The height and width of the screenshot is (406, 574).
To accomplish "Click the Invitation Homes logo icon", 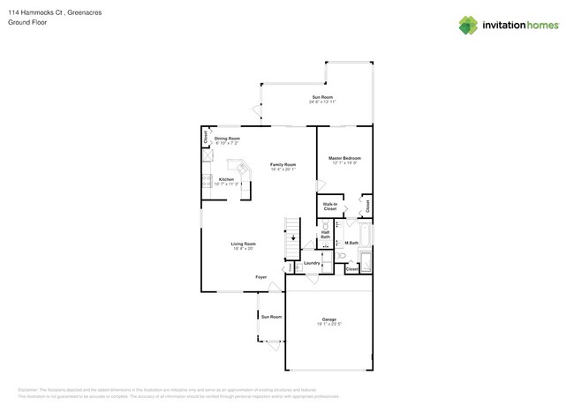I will (x=468, y=25).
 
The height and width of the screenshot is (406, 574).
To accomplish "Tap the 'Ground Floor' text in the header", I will (x=27, y=23).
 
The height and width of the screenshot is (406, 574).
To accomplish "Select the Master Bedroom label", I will (x=345, y=159).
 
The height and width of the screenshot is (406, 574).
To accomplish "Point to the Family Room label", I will (x=283, y=165).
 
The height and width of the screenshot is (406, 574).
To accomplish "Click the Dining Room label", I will (x=227, y=139).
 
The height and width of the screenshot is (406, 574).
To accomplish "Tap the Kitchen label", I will (x=226, y=179).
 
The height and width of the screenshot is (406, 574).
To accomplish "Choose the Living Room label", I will (x=244, y=244).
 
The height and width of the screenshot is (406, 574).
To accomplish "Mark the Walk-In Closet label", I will (x=330, y=206).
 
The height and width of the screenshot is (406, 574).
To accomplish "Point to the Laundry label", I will (x=311, y=263).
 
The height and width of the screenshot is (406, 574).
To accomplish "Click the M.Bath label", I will (x=351, y=243).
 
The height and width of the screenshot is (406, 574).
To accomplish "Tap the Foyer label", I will (x=261, y=277).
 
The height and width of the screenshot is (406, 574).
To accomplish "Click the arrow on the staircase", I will (x=293, y=238).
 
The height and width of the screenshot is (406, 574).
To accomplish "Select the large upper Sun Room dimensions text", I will (x=322, y=102).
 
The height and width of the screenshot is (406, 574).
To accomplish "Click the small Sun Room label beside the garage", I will (x=270, y=316).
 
